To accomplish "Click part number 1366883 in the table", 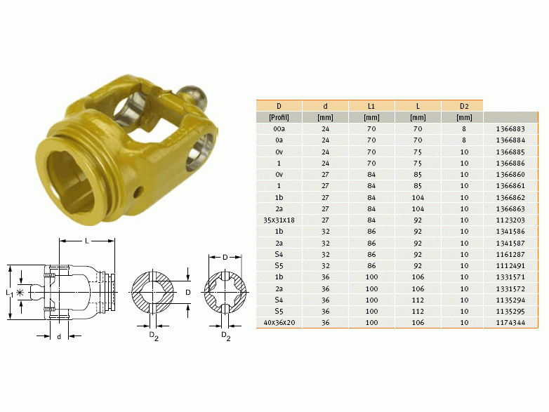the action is tap(510, 129).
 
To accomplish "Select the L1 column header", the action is tap(371, 106).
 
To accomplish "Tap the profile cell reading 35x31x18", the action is tap(279, 220).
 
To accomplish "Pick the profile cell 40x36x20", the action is tap(279, 322).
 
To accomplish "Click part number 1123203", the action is tap(510, 220).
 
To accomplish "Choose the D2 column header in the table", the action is tap(464, 106).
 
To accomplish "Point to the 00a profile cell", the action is tap(279, 129).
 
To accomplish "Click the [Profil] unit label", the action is tap(279, 118).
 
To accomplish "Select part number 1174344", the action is tap(510, 322).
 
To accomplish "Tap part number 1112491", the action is tap(510, 266).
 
